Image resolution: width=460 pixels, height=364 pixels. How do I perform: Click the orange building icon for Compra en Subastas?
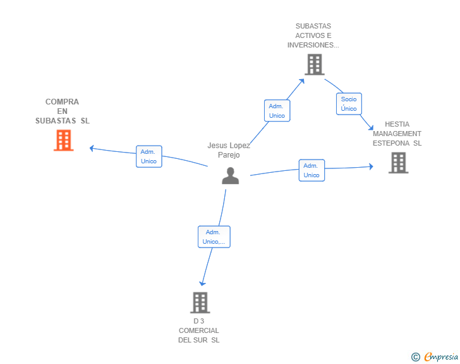(x=63, y=141)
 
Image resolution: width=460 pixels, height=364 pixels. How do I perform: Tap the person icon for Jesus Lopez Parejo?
(x=231, y=175)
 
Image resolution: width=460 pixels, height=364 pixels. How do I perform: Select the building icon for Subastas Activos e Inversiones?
(x=314, y=64)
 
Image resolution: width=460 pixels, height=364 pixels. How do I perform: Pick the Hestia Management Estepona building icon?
(x=398, y=163)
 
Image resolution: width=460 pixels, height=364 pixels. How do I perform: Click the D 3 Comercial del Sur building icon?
(x=200, y=303)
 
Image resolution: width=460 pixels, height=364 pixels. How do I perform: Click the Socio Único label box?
(x=349, y=104)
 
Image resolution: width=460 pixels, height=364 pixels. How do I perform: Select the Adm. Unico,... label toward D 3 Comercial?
(x=214, y=237)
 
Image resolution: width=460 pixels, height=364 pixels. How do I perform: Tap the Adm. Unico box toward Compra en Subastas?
(x=148, y=156)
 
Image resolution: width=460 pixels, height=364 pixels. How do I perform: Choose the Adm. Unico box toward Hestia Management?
(x=312, y=170)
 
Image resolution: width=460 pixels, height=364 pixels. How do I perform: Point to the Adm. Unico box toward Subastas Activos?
(x=277, y=111)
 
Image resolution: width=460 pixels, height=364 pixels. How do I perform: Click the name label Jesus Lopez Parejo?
(x=229, y=150)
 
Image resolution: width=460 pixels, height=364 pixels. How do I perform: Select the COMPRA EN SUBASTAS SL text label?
(x=63, y=111)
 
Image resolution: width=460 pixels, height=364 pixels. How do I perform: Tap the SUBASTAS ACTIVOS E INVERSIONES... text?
(x=313, y=36)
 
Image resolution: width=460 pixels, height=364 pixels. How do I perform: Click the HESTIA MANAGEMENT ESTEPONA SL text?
(x=397, y=134)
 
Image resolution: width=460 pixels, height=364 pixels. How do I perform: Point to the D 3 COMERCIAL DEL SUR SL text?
(x=199, y=330)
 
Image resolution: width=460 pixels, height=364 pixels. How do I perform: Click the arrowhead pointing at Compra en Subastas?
(x=92, y=148)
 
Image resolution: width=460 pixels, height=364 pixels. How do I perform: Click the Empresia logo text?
(x=440, y=356)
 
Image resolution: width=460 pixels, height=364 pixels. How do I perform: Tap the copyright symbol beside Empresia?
(x=415, y=357)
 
